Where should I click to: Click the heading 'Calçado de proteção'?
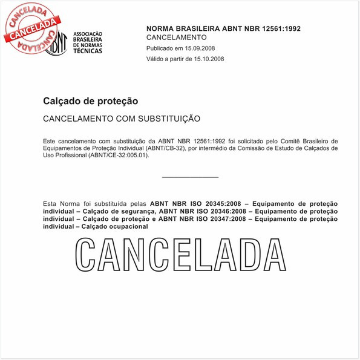point(91,101)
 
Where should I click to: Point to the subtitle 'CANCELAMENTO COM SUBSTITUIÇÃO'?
point(122,118)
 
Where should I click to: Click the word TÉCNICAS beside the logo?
point(87,51)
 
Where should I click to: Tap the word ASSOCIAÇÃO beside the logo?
point(88,34)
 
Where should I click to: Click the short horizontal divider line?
point(190,177)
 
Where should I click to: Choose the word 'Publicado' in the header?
point(160,48)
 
